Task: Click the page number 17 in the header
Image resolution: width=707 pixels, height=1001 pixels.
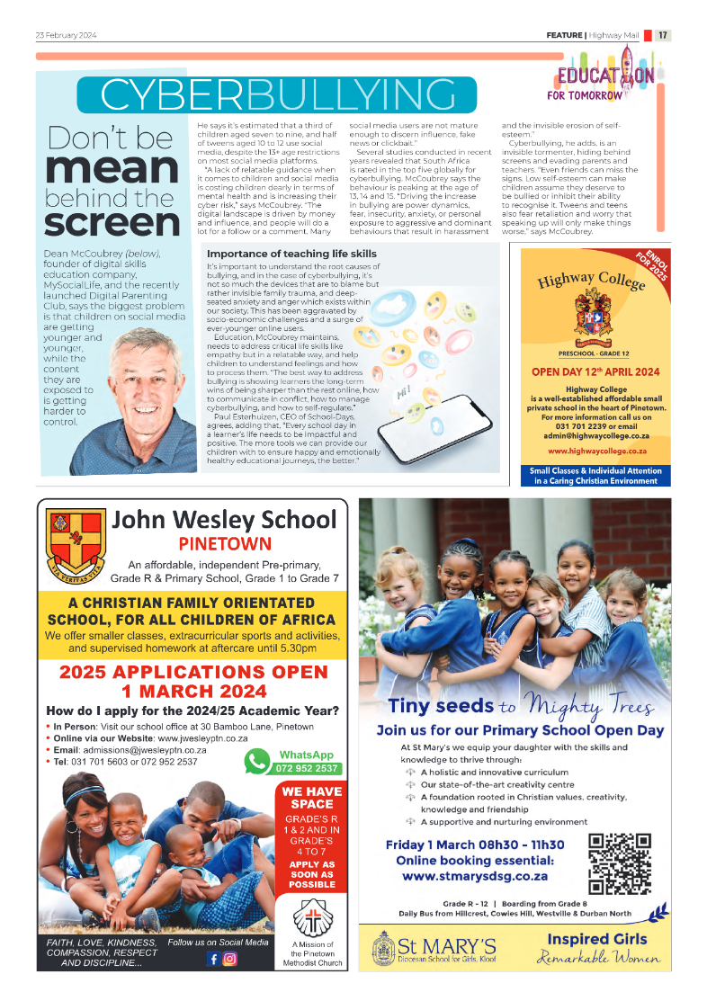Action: click(662, 36)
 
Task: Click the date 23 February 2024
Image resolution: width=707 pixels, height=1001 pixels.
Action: click(66, 36)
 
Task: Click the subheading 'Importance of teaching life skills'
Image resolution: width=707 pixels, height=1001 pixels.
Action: click(291, 255)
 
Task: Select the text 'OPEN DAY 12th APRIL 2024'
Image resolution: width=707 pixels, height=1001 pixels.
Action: click(595, 372)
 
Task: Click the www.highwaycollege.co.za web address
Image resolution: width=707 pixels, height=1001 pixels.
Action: click(596, 450)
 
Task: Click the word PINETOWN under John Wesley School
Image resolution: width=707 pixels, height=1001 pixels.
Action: click(225, 543)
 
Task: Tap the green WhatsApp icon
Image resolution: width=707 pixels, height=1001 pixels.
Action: click(257, 761)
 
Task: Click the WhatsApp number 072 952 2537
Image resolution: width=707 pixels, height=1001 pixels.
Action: click(307, 768)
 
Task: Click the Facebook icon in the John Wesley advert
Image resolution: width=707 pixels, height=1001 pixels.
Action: click(213, 958)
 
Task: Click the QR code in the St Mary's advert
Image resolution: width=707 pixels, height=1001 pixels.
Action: click(619, 864)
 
